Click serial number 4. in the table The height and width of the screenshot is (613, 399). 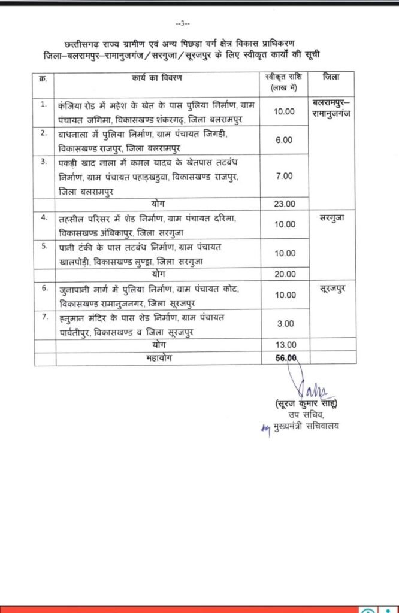44,218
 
